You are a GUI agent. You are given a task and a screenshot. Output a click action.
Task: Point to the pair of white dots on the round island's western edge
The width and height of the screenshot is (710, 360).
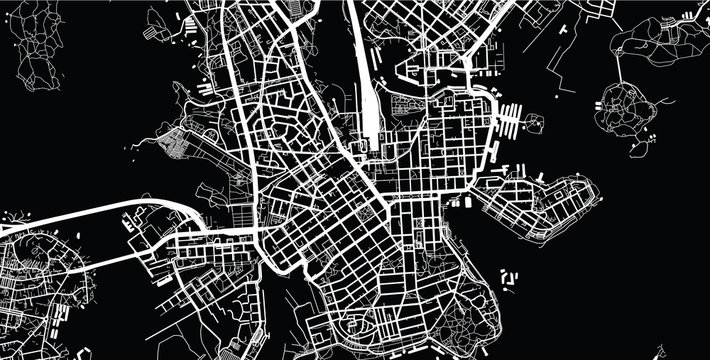pyautogui.click(x=604, y=101)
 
